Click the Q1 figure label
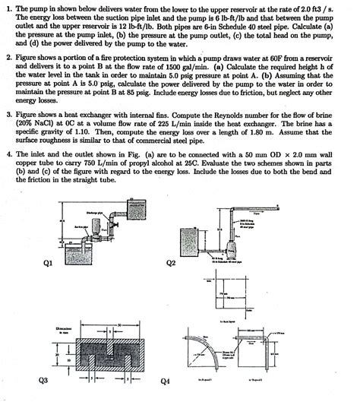click(46, 264)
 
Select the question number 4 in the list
click(8, 153)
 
